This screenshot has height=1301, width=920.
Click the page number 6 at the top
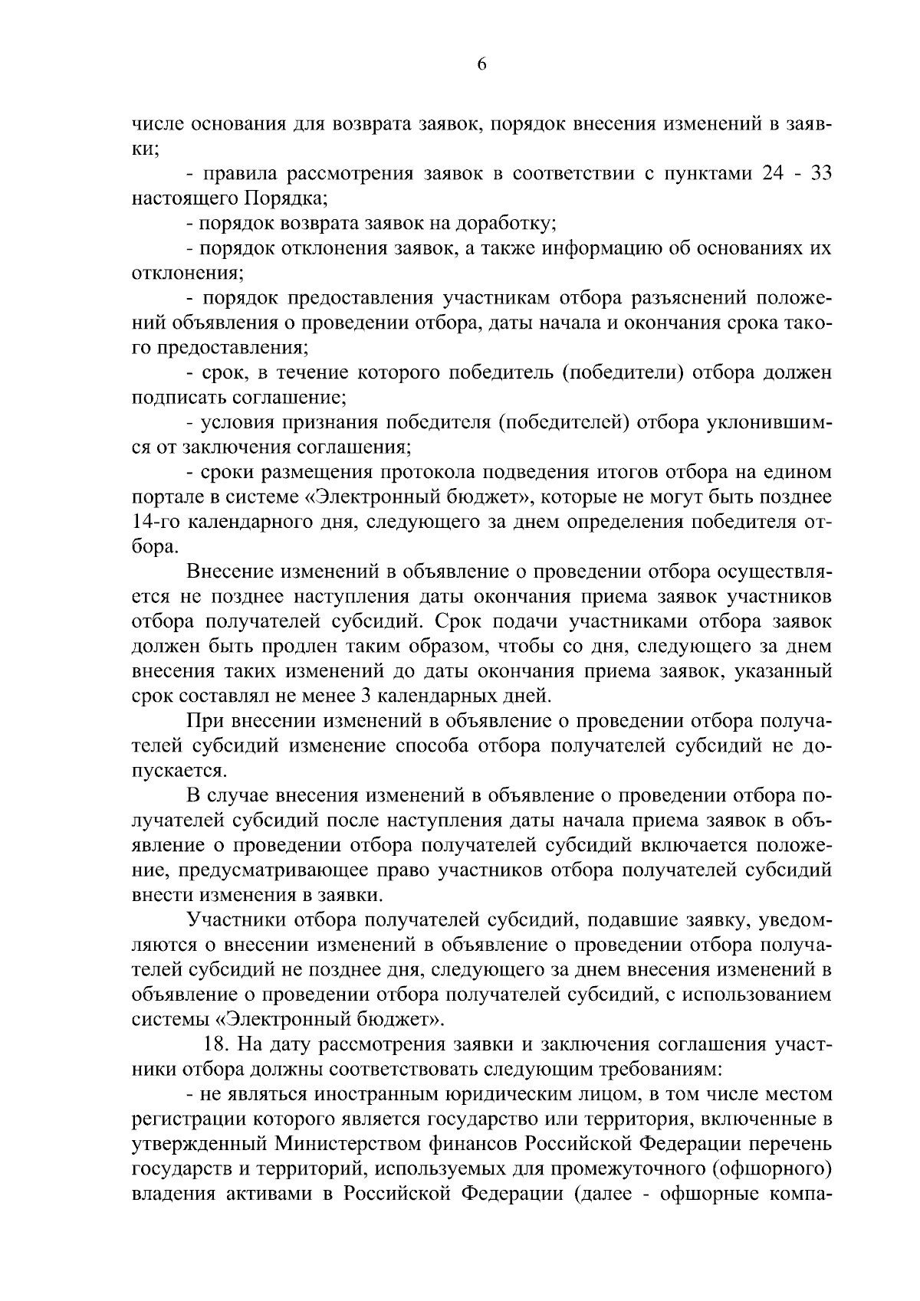pyautogui.click(x=481, y=65)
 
